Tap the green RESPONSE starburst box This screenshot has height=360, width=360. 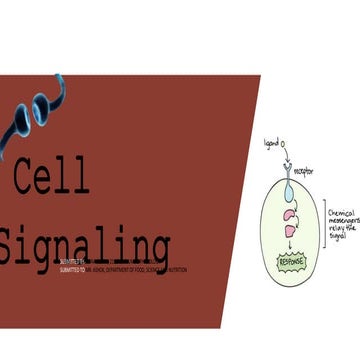(290, 263)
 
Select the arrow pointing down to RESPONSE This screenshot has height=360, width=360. (290, 246)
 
